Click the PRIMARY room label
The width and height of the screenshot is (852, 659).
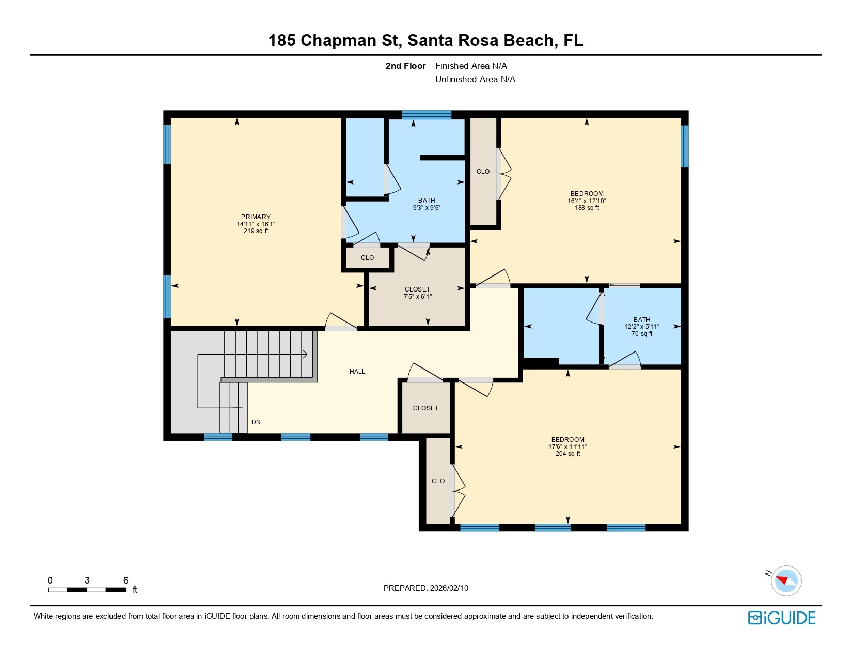256,217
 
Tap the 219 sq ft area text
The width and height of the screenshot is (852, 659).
256,231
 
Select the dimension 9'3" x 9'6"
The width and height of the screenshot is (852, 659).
427,208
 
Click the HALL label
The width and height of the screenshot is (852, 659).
357,372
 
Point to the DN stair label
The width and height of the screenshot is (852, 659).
256,422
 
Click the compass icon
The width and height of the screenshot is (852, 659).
786,580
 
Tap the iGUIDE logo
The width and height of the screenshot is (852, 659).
782,618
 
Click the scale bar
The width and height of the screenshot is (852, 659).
87,590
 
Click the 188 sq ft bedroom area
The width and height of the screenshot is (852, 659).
587,208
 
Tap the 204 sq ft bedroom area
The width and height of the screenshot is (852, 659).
567,454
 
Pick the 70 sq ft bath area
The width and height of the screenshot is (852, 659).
642,334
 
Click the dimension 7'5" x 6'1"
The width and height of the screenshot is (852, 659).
417,297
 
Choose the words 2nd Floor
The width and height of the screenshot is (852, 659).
405,66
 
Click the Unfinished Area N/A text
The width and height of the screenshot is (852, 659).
475,79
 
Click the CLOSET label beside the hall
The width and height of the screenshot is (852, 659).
425,408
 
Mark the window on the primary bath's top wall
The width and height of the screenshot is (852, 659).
427,115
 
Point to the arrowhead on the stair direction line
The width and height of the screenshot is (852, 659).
305,355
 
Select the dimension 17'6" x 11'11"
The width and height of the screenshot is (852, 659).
567,447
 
